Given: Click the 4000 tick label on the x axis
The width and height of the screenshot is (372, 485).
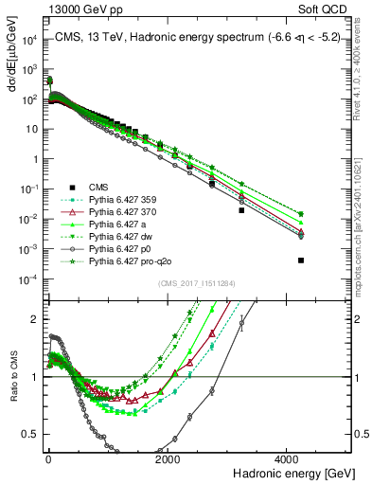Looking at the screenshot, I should [289, 459].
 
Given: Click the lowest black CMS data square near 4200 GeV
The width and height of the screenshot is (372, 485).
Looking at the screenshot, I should [301, 260].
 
